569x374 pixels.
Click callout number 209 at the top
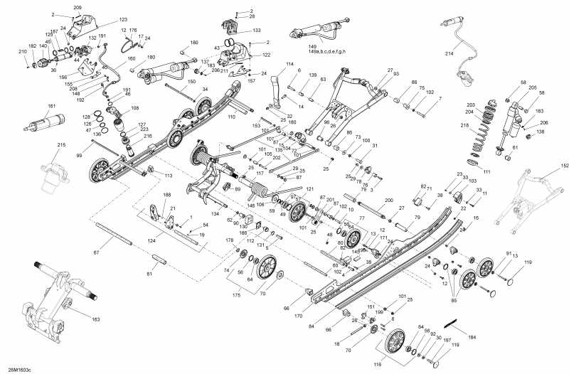(x=78, y=7)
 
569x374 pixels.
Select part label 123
(x=123, y=20)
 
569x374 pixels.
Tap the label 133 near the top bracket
(x=256, y=31)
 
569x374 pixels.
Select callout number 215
(x=61, y=146)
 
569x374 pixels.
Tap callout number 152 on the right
(x=546, y=165)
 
